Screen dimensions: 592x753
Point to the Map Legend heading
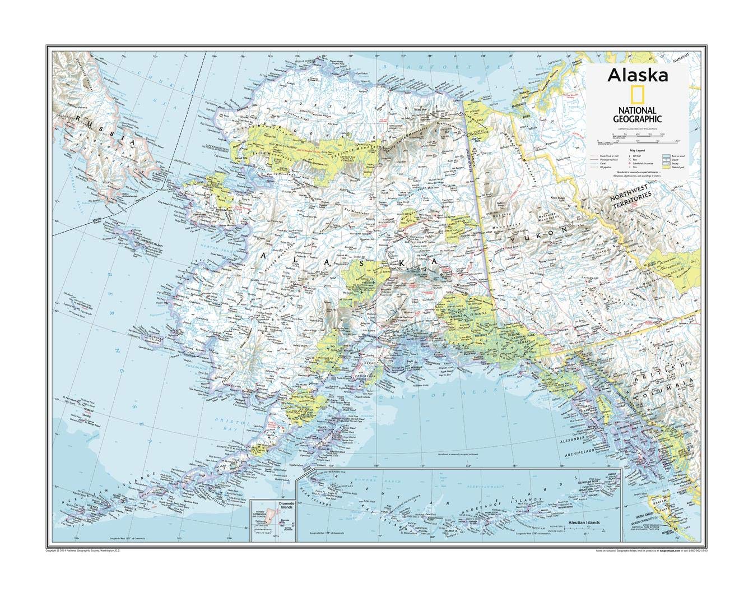click(638, 151)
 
